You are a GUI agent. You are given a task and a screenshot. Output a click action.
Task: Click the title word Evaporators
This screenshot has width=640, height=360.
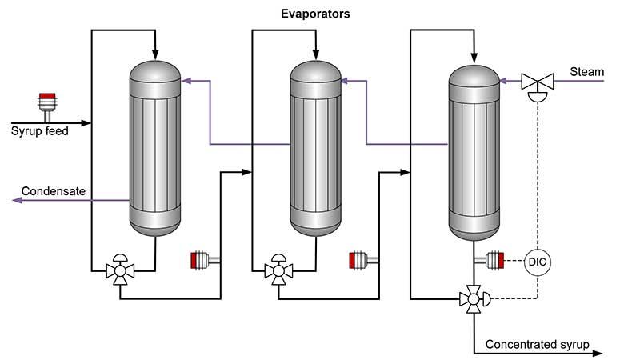click(x=315, y=14)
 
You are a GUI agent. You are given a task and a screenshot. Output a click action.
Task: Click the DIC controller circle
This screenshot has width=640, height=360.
click(x=537, y=261)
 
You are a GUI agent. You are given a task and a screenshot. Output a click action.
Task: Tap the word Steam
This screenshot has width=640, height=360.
click(x=586, y=72)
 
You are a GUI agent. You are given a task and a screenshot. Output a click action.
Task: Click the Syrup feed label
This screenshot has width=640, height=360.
click(x=40, y=130)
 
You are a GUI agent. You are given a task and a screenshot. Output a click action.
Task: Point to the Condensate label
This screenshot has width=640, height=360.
click(x=53, y=190)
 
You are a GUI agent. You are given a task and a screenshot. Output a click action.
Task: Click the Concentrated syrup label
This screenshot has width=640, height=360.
click(x=537, y=345)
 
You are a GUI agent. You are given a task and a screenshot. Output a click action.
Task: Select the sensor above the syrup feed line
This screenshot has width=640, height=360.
click(x=47, y=105)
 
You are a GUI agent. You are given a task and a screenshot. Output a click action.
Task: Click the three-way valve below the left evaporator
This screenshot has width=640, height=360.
click(x=120, y=270)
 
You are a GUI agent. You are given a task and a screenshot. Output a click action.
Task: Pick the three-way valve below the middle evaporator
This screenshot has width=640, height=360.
click(x=278, y=270)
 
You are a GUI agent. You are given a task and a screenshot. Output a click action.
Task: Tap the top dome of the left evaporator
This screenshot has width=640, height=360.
click(x=156, y=70)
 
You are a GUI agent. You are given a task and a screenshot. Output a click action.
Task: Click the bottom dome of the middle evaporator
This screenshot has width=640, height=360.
click(x=315, y=228)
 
